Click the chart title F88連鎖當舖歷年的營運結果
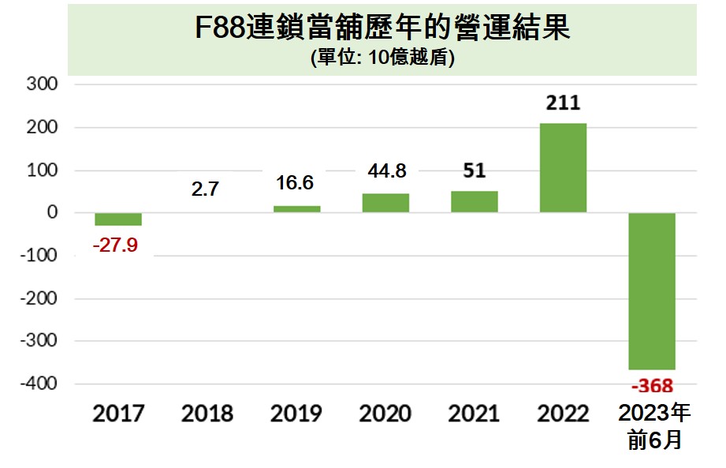click(382, 30)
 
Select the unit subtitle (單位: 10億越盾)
click(382, 59)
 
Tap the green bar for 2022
click(563, 167)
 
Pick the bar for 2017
click(118, 219)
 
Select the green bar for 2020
click(385, 203)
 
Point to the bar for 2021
click(474, 202)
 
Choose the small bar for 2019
click(296, 209)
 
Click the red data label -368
click(652, 386)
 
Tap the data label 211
click(563, 103)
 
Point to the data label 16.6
click(296, 183)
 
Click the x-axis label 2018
click(207, 414)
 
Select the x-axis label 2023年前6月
click(653, 427)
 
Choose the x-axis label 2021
click(474, 414)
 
